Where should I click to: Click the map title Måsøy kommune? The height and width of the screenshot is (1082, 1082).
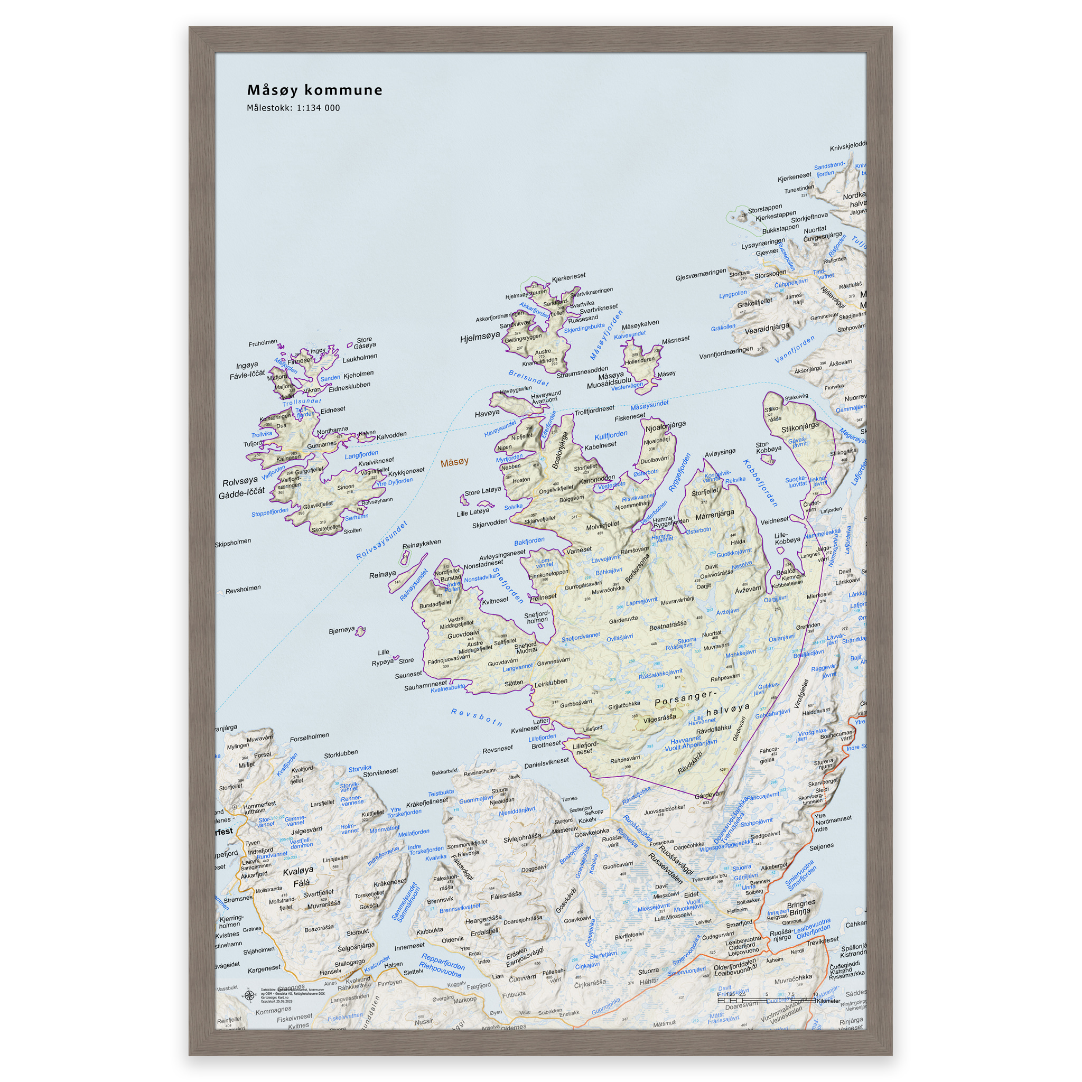(315, 90)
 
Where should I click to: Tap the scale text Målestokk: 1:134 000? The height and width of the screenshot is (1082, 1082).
(293, 108)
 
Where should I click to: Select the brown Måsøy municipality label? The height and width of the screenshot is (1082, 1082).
(454, 462)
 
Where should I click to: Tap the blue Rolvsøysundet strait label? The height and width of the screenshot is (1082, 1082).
(382, 540)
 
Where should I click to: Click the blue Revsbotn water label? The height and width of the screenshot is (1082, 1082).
(477, 717)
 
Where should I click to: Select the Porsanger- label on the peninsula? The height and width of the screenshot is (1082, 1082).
(685, 698)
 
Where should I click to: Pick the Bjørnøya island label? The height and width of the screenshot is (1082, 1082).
(342, 630)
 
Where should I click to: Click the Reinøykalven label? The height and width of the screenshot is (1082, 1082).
(421, 544)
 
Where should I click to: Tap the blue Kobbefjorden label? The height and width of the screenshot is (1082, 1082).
(760, 483)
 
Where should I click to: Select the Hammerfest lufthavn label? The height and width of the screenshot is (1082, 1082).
(260, 807)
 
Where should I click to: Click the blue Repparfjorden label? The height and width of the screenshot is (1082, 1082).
(443, 961)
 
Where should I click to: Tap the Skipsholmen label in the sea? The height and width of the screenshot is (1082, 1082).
(233, 542)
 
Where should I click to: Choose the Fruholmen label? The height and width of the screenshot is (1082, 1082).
(263, 343)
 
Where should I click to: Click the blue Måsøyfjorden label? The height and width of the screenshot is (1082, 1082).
(606, 335)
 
